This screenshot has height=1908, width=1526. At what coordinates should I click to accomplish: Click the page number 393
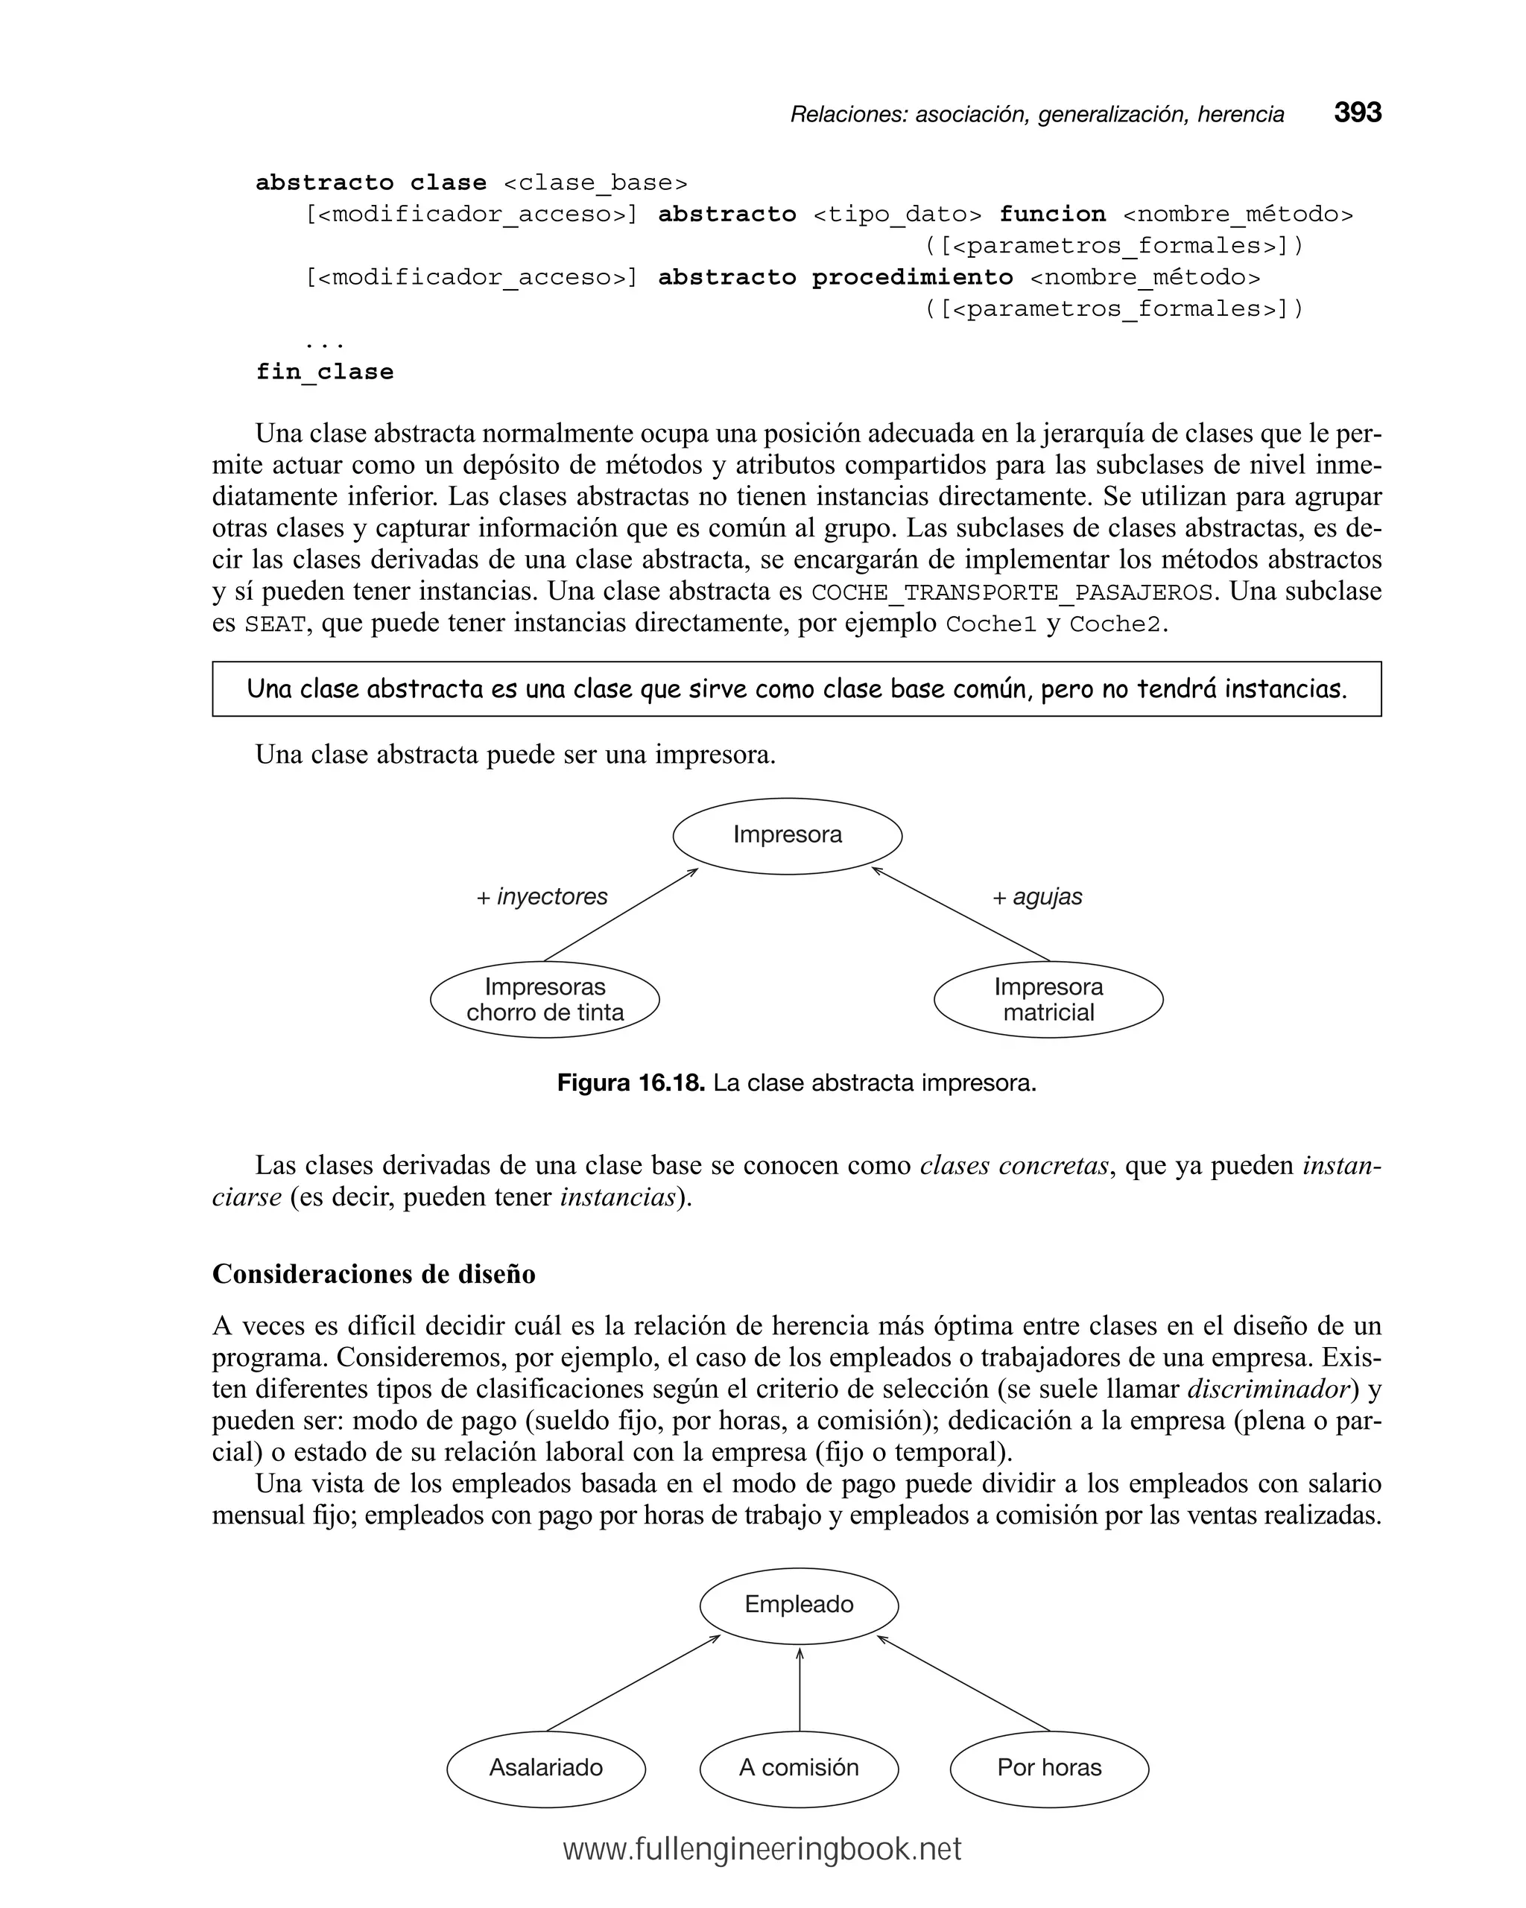coord(1357,112)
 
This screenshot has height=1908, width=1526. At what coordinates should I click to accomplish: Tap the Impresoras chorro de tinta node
coord(545,999)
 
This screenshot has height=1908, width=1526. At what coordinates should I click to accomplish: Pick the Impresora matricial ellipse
coord(1048,999)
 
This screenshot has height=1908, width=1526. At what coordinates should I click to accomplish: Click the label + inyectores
coord(542,896)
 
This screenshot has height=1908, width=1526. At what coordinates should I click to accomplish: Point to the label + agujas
coord(1036,896)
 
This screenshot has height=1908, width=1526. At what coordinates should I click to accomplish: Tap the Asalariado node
coord(545,1767)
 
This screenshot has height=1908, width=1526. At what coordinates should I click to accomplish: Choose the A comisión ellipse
coord(799,1767)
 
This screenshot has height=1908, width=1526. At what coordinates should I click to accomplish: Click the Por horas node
coord(1049,1767)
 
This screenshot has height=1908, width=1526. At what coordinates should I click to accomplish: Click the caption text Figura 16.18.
coord(630,1083)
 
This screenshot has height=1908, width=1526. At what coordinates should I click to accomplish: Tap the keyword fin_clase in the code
coord(324,372)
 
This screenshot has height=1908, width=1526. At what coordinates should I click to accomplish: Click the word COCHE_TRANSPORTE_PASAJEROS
coord(1012,592)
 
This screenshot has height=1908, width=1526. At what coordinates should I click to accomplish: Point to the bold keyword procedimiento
coord(912,277)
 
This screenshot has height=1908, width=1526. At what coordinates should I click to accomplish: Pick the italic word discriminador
coord(1267,1389)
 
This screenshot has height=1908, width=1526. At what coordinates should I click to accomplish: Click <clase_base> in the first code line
coord(595,183)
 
